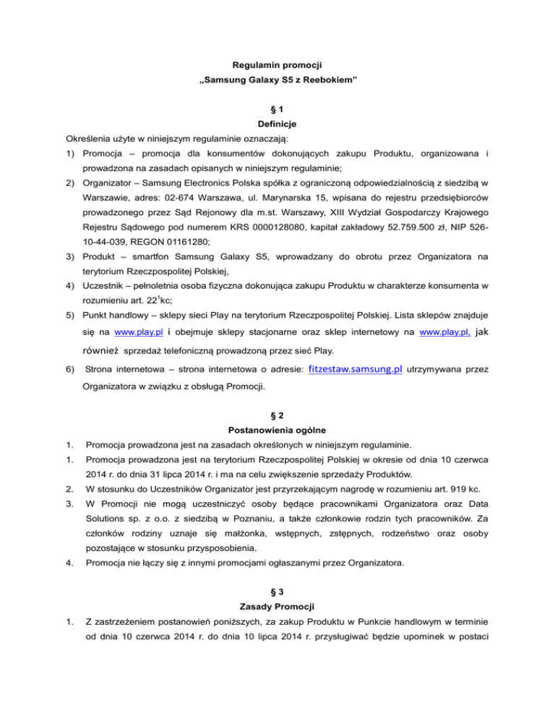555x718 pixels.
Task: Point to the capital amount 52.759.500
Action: pyautogui.click(x=413, y=235)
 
